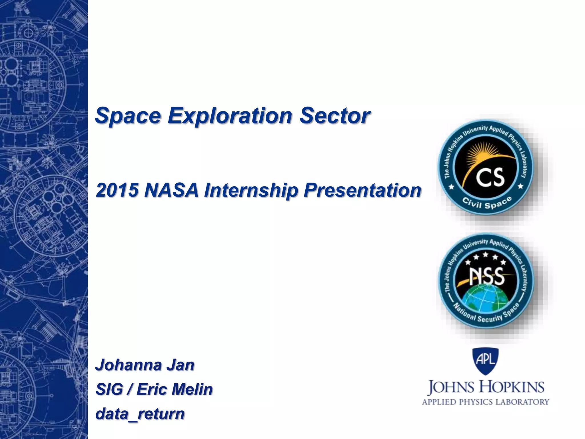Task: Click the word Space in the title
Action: tap(128, 116)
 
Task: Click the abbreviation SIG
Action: tap(109, 389)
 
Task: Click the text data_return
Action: tap(140, 414)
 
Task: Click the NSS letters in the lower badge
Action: tap(487, 276)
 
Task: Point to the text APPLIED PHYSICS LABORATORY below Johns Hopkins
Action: tap(485, 402)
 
